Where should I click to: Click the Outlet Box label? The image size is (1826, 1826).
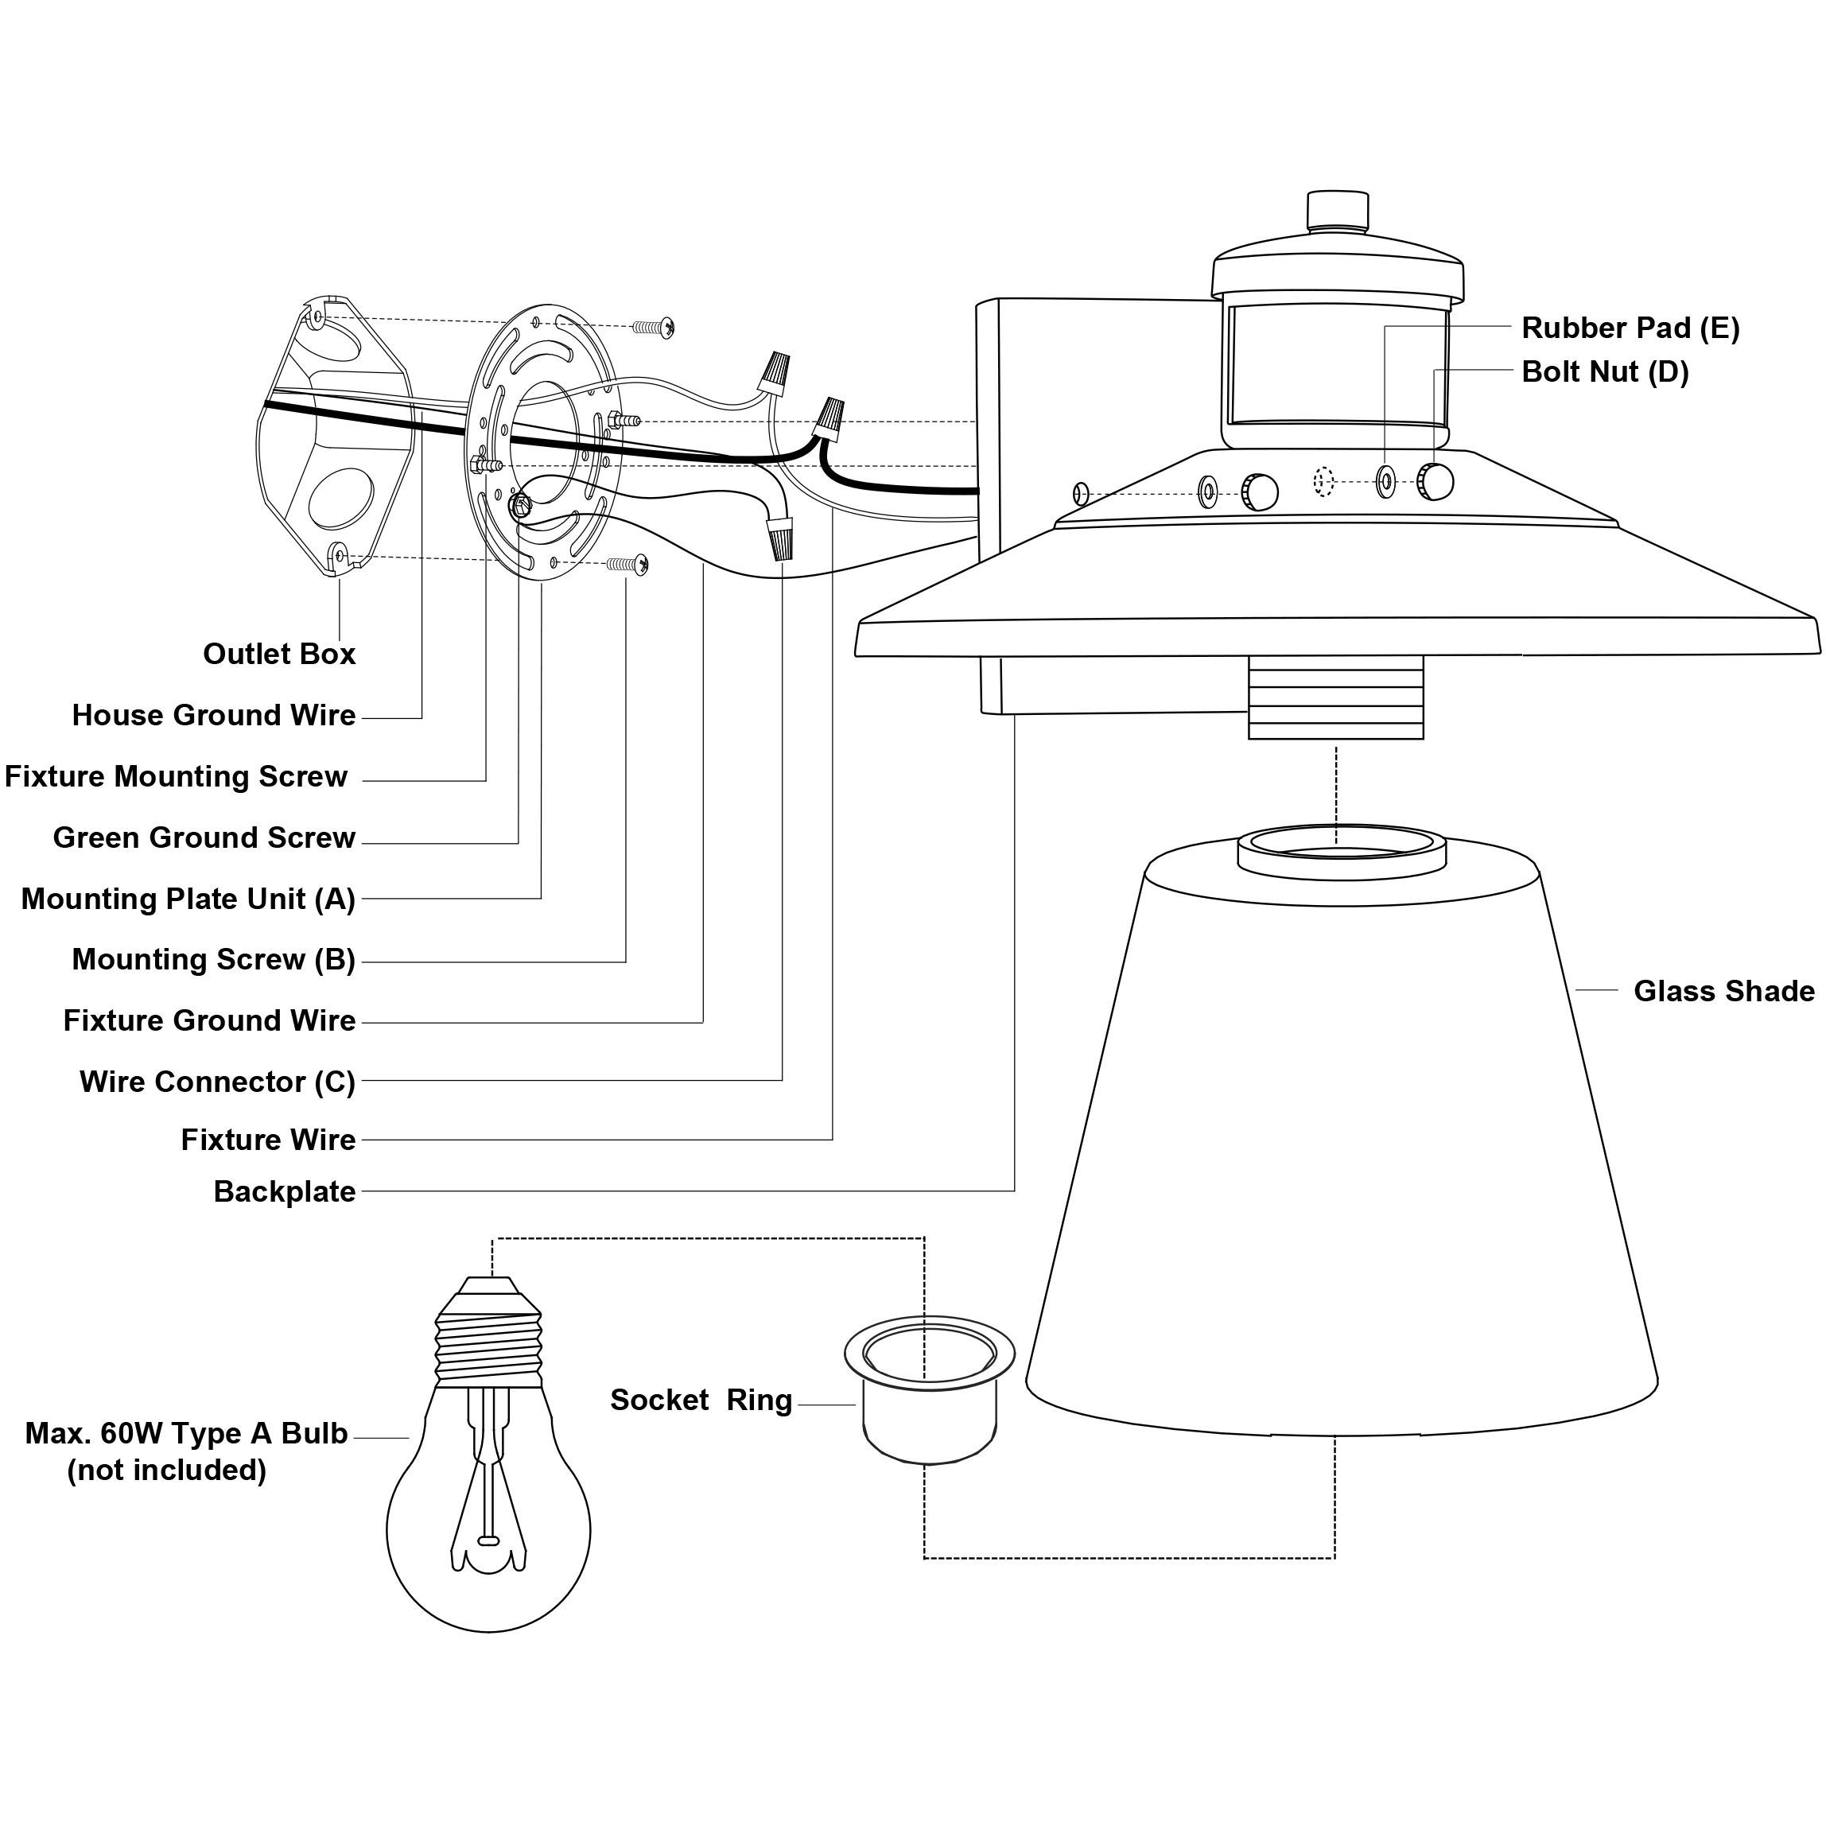click(x=279, y=654)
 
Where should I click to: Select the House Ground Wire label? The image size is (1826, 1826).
click(x=214, y=716)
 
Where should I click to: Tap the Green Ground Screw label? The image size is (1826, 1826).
click(x=204, y=837)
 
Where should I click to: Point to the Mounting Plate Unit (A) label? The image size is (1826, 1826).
click(x=188, y=899)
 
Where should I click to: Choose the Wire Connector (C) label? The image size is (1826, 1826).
click(x=217, y=1082)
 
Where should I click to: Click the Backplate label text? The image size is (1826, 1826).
click(x=285, y=1192)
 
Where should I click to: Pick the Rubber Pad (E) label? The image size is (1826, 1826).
click(x=1630, y=328)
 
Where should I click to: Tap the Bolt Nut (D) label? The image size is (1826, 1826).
click(x=1604, y=371)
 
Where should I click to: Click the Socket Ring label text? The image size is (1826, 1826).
click(x=701, y=1400)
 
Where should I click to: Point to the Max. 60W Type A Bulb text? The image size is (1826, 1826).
click(x=186, y=1433)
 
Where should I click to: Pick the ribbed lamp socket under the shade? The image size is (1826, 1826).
click(x=1335, y=697)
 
